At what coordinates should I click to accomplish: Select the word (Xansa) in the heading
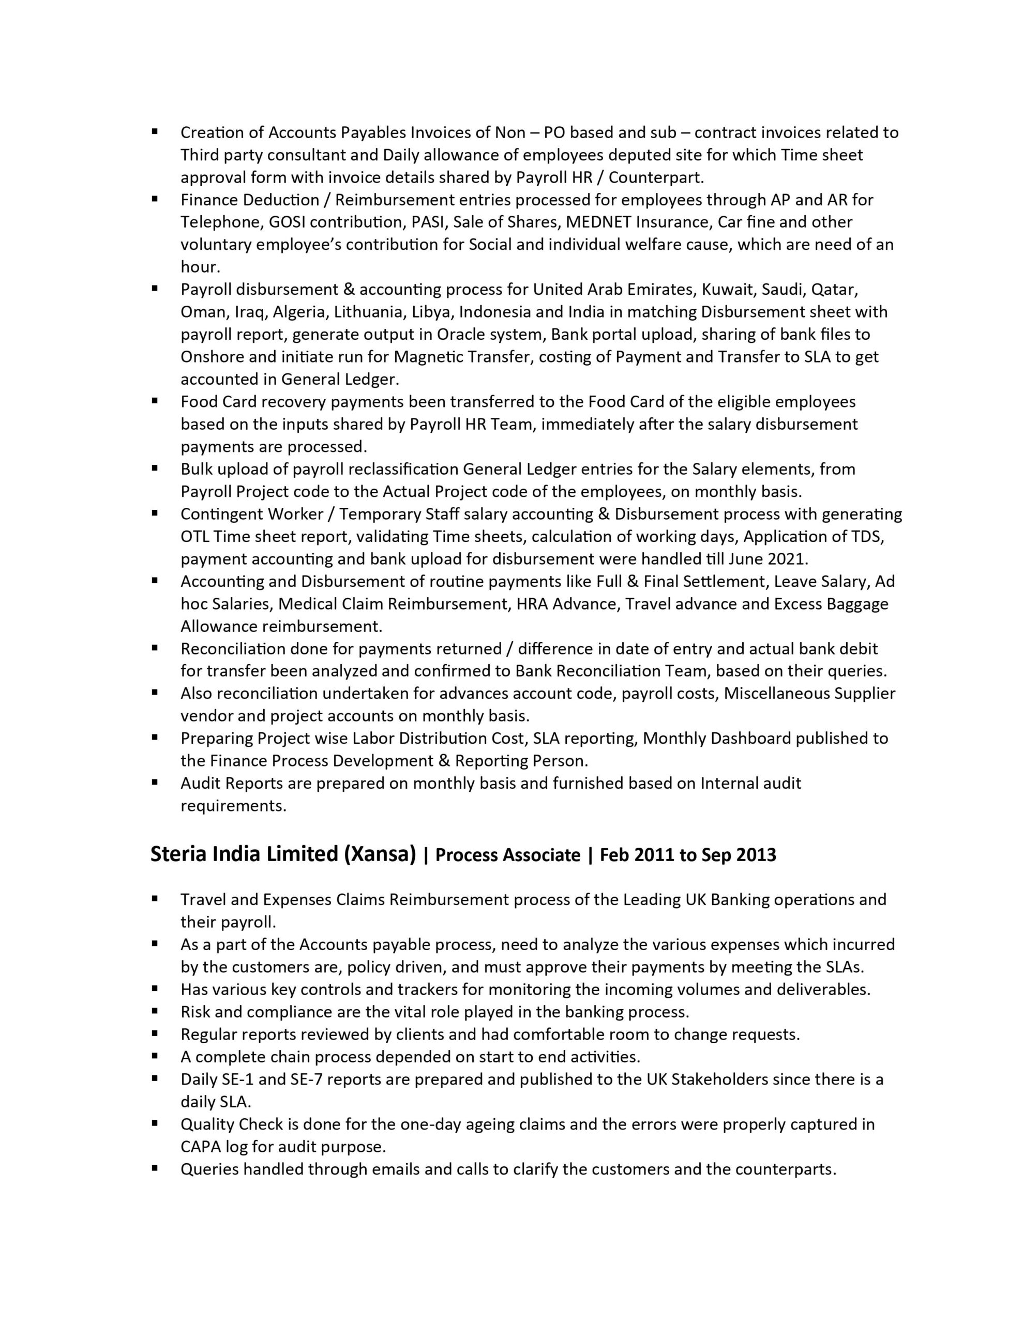tap(380, 854)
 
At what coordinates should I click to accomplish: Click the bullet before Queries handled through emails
tap(155, 1168)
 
